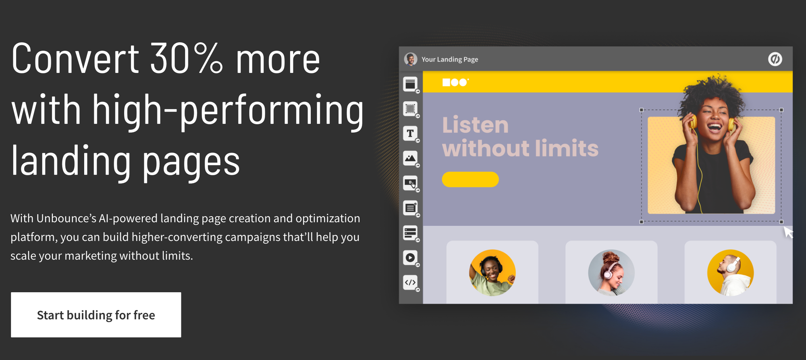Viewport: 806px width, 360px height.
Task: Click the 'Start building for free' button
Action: tap(96, 315)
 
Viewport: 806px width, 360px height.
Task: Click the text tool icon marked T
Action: tap(410, 133)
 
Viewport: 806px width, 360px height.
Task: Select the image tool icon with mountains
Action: tap(410, 158)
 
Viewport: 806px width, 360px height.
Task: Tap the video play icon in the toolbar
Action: tap(410, 258)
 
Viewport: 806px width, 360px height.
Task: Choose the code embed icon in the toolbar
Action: tap(410, 283)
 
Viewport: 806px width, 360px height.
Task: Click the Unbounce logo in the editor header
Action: tap(775, 59)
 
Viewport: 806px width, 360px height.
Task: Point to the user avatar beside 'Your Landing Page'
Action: tap(411, 59)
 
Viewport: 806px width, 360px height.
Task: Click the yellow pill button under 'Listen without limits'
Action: tap(470, 179)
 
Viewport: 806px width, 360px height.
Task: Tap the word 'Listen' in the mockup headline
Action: tap(476, 125)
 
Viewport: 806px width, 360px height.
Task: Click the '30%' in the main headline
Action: tap(186, 59)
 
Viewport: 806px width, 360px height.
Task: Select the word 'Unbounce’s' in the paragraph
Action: tap(66, 218)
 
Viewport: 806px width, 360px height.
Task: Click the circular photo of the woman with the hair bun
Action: tap(611, 273)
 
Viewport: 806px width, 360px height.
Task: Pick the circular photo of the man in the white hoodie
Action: tap(730, 273)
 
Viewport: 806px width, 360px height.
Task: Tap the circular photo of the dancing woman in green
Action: tap(492, 273)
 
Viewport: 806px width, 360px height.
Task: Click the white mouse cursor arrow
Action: tap(787, 232)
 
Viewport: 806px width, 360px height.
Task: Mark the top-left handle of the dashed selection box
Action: tap(642, 110)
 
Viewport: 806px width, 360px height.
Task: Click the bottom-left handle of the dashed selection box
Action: tap(642, 222)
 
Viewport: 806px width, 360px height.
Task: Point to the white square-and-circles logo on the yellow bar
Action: tap(455, 82)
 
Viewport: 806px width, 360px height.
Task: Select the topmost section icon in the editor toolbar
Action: tap(410, 84)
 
